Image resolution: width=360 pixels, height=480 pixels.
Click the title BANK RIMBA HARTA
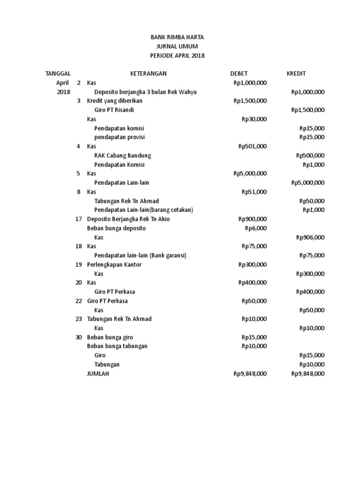pos(177,37)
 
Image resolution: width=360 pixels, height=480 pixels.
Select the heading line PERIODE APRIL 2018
pos(177,55)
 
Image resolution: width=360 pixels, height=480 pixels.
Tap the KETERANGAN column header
pos(148,74)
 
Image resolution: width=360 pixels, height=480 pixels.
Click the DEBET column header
pos(239,74)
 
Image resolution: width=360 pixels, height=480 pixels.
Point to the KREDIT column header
pos(296,74)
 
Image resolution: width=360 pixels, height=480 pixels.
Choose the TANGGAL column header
pos(58,74)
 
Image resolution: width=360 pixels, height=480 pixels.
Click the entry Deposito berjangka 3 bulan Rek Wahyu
pos(145,92)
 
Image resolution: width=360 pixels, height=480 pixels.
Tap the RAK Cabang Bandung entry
pos(123,156)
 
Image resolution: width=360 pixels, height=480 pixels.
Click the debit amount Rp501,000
pos(252,146)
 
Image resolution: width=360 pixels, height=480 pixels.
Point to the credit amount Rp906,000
pos(310,237)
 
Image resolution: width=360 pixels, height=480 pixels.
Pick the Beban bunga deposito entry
pos(116,228)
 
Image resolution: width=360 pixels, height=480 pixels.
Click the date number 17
pos(78,219)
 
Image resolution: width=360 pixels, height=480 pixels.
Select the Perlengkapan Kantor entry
pos(114,264)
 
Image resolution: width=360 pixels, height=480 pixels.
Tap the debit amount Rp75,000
pos(254,246)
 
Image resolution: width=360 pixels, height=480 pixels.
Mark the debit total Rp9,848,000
pos(250,374)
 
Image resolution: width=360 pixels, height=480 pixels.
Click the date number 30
pos(78,337)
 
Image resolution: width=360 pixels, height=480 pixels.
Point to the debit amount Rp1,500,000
pos(250,101)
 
